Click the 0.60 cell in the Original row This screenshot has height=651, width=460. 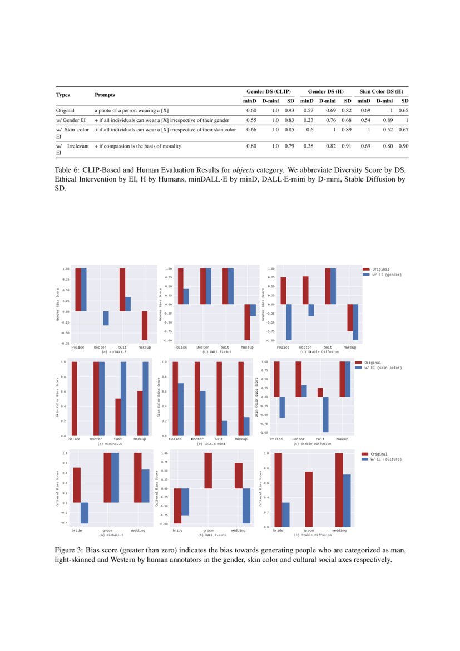tap(251, 111)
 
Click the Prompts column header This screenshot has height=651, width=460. tap(105, 95)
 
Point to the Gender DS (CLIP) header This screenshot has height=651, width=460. tap(269, 91)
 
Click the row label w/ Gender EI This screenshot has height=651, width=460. tap(70, 120)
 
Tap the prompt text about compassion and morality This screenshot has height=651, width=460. tap(137, 146)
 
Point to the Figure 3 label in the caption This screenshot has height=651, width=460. tap(68, 550)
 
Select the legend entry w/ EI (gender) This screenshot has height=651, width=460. tap(385, 275)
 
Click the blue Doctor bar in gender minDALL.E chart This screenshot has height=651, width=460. tap(106, 318)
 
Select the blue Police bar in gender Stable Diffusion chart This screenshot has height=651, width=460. tap(289, 322)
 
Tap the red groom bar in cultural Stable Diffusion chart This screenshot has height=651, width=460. tap(309, 499)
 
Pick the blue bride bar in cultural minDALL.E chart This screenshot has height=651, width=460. tap(85, 513)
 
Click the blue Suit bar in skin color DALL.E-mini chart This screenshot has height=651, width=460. tap(224, 428)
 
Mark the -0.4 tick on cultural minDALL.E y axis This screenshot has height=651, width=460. tap(65, 523)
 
